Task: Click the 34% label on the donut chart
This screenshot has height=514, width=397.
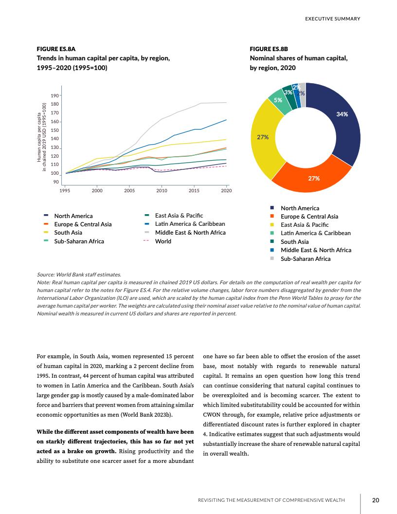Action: pos(342,114)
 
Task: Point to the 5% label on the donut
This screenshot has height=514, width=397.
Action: pos(278,100)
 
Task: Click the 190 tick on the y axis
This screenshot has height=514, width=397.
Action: pos(54,95)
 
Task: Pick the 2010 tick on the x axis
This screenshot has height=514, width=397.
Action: pos(162,190)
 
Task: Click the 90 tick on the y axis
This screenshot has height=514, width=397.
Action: pos(56,182)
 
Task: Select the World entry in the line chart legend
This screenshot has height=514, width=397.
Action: pos(162,241)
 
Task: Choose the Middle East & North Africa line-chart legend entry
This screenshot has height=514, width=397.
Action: pos(190,233)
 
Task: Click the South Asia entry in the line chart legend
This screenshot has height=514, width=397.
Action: pos(68,233)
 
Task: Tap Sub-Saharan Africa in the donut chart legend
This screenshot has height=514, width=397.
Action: pos(305,258)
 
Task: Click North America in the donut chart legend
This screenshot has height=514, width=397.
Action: pos(300,208)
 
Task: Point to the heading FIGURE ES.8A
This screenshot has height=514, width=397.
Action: pos(56,49)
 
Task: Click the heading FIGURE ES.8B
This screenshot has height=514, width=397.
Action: pos(269,49)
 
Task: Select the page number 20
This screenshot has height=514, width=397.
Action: pos(376,500)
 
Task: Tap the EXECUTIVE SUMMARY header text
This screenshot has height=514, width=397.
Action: pos(332,19)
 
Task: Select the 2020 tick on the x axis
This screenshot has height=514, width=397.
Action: pos(226,190)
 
